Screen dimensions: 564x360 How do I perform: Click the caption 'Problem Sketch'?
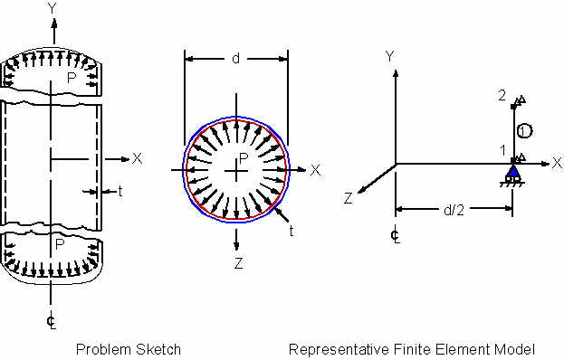pos(128,349)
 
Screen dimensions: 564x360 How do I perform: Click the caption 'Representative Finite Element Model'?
pos(412,349)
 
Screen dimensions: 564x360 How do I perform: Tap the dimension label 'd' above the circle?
pos(236,58)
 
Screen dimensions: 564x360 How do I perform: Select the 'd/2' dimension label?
pos(454,210)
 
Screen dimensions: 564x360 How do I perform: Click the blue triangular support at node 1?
pos(513,171)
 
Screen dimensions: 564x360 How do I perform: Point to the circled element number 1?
pos(525,131)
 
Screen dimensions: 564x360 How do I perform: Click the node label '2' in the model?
pos(502,96)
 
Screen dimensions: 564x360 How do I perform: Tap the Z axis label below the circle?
pos(238,263)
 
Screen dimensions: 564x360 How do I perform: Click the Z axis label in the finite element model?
pos(349,198)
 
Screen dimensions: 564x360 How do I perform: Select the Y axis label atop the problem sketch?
pos(53,8)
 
